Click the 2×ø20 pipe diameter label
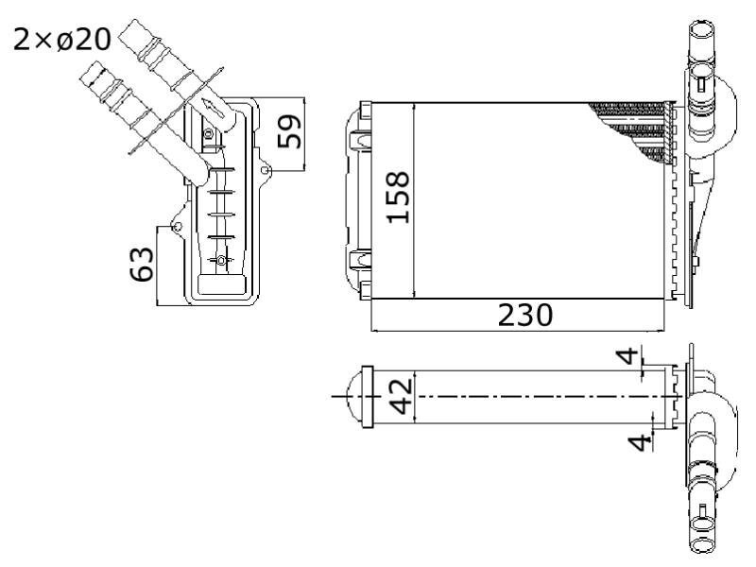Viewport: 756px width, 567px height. (x=62, y=40)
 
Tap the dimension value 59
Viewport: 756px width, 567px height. (x=289, y=131)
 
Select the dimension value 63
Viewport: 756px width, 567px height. (x=142, y=265)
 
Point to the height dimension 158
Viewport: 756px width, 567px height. (x=398, y=198)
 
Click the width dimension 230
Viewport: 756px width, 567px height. (x=525, y=315)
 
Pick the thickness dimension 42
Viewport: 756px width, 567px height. (x=401, y=397)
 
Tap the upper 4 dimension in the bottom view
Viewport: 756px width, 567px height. (x=627, y=356)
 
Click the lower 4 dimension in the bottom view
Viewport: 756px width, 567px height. (x=641, y=442)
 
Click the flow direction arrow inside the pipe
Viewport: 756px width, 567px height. (x=214, y=108)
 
